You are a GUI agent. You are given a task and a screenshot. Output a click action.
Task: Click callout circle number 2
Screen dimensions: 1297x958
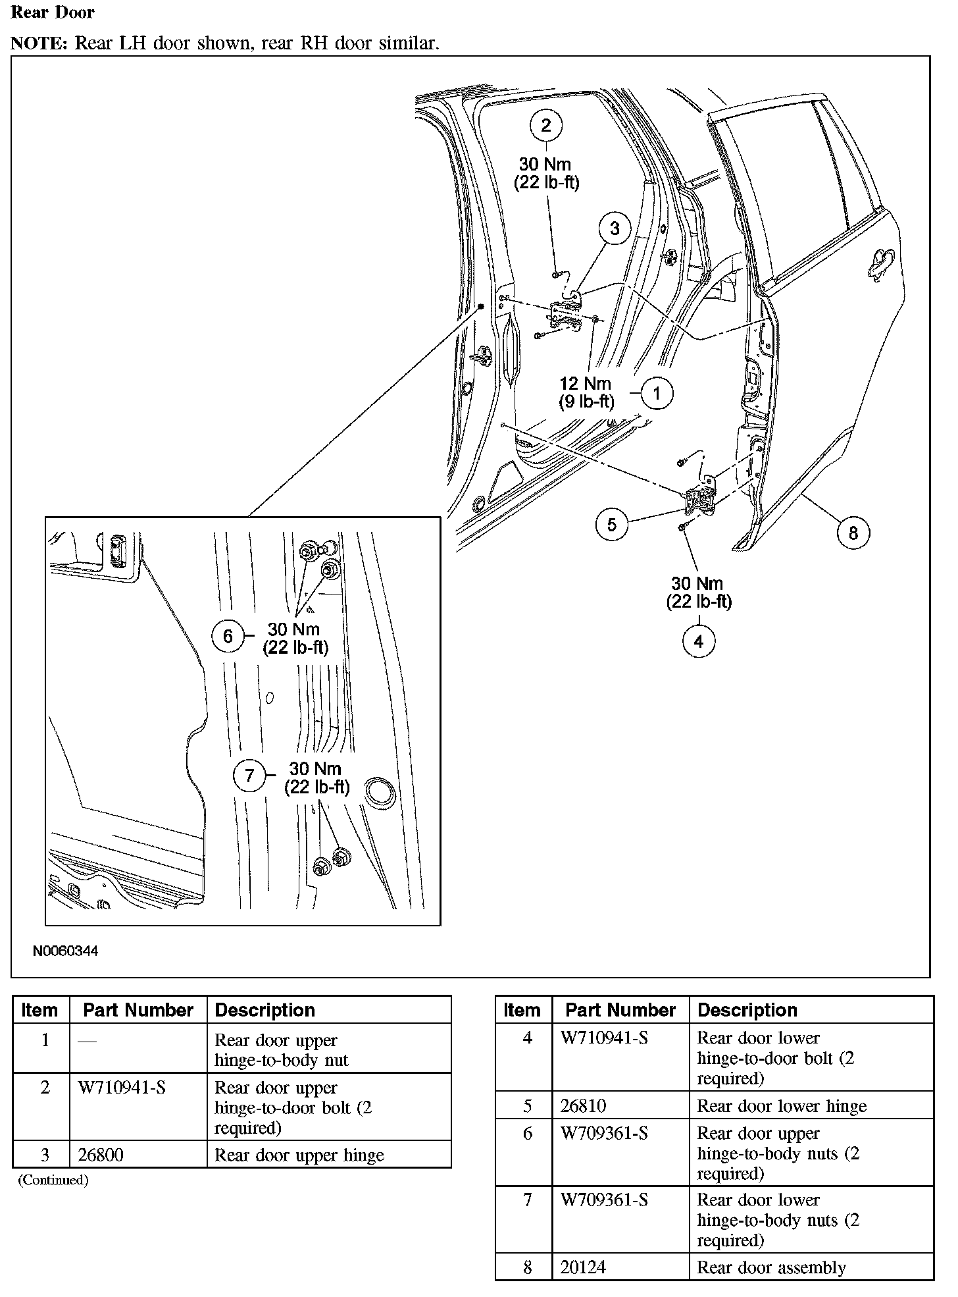(x=546, y=125)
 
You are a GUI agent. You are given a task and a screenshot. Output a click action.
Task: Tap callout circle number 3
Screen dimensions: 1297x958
(x=615, y=228)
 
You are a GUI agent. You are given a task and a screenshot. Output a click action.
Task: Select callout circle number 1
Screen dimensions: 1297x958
(x=656, y=394)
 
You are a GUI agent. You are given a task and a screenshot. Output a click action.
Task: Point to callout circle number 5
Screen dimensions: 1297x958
(x=612, y=524)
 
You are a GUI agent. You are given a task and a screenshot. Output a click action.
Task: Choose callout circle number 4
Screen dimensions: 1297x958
(x=699, y=641)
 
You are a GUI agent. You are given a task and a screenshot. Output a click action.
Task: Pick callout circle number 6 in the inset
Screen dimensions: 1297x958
(x=228, y=636)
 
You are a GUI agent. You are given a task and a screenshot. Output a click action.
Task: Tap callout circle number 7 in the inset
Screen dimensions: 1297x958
(x=249, y=776)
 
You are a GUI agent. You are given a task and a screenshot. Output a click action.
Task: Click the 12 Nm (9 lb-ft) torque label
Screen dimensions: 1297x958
(x=586, y=392)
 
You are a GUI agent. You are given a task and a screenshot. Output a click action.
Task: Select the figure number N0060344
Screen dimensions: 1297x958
(x=65, y=951)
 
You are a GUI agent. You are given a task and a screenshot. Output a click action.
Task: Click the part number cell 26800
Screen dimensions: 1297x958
(x=101, y=1155)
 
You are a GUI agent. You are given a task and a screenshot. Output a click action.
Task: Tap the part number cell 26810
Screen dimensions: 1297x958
(x=582, y=1106)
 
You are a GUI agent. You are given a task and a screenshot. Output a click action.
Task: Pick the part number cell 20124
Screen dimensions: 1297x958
(x=582, y=1267)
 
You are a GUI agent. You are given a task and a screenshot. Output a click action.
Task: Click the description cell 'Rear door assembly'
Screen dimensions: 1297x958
(x=771, y=1267)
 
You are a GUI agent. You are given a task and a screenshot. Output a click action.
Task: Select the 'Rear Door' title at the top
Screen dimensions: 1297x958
(x=53, y=13)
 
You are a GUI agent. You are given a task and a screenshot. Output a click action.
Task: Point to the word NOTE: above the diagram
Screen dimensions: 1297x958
(x=39, y=43)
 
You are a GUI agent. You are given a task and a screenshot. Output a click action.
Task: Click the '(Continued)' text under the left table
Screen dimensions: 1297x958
(x=53, y=1180)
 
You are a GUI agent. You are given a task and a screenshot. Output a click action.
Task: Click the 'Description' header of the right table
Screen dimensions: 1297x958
(x=747, y=1010)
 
